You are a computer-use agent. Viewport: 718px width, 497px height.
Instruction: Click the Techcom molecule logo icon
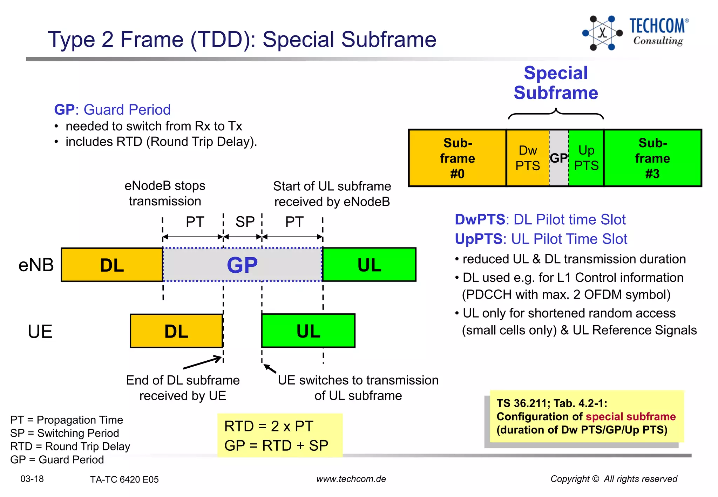click(x=602, y=33)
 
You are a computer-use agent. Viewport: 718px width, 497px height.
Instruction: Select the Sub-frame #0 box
click(x=457, y=158)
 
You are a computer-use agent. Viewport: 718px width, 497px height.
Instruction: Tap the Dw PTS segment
click(x=528, y=158)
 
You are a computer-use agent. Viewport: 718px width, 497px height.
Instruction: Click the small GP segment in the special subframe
click(x=558, y=158)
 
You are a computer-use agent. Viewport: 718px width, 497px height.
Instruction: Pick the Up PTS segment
click(x=586, y=158)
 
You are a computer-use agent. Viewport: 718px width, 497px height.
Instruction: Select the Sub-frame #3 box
click(x=652, y=158)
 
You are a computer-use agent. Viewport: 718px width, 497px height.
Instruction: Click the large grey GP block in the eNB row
click(x=242, y=265)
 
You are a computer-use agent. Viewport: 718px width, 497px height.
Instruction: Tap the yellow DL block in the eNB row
click(x=112, y=265)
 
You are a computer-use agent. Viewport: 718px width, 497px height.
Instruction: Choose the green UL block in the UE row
click(x=308, y=331)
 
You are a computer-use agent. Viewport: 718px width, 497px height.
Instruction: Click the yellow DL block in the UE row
click(x=176, y=331)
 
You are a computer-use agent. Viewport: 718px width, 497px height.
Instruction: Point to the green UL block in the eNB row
click(x=369, y=265)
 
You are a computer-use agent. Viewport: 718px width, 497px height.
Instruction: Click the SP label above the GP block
click(x=245, y=222)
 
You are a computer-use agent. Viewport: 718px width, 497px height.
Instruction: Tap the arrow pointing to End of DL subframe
click(x=203, y=362)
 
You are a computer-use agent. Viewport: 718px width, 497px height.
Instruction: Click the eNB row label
click(x=36, y=265)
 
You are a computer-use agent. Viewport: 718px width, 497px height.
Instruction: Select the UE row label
click(x=40, y=331)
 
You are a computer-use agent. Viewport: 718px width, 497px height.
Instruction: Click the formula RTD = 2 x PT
click(x=269, y=426)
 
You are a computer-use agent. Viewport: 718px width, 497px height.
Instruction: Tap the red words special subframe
click(x=630, y=416)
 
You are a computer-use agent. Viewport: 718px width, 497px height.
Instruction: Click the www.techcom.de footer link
click(x=351, y=479)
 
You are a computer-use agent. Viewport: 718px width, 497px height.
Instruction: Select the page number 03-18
click(x=32, y=479)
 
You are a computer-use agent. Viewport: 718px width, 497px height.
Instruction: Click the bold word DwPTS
click(x=480, y=219)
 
